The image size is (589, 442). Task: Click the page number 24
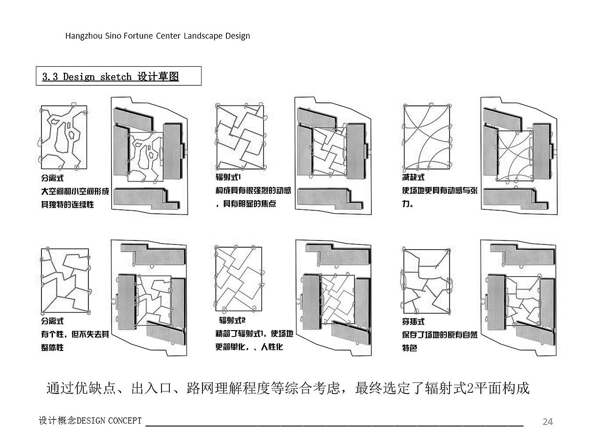(548, 421)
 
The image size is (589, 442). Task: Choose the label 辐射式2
(232, 320)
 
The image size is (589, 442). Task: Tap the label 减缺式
(413, 177)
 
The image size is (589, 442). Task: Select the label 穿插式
(413, 321)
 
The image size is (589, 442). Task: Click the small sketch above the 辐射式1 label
(240, 137)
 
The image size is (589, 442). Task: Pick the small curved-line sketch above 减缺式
(427, 137)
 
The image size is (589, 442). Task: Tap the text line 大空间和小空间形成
(75, 191)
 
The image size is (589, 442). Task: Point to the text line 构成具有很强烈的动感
(253, 190)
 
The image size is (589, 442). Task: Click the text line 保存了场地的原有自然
(439, 335)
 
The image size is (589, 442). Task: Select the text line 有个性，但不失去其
(75, 334)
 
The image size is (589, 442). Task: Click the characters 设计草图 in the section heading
(158, 76)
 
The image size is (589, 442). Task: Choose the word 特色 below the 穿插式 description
(410, 348)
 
